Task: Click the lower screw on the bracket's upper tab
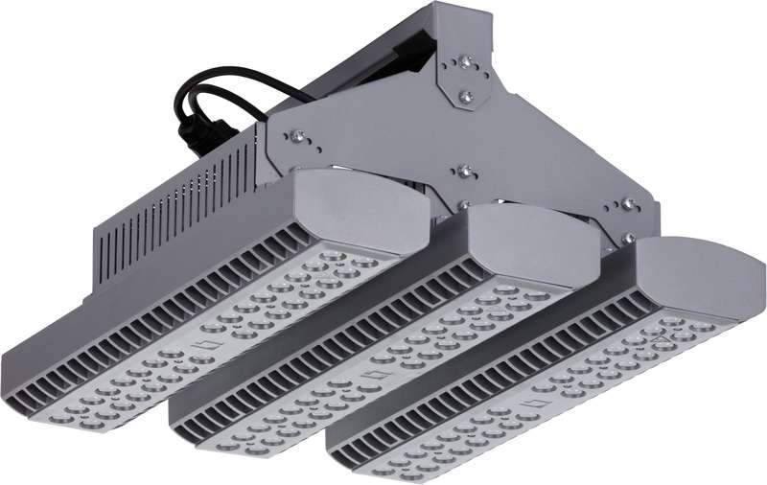point(465,96)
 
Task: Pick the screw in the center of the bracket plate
point(465,172)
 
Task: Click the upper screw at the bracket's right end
point(628,204)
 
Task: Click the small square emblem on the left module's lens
point(202,342)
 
